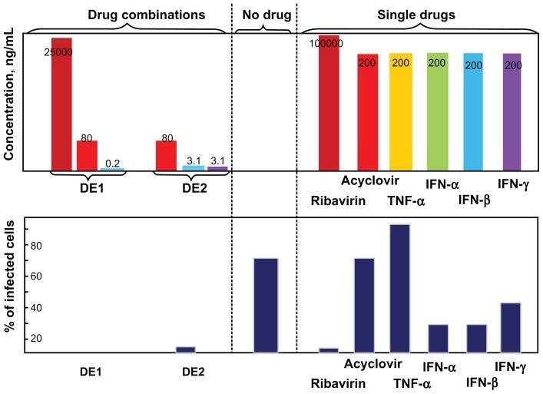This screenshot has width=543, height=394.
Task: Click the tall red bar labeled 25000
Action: coord(61,104)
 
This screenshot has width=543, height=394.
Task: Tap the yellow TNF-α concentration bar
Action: coord(400,111)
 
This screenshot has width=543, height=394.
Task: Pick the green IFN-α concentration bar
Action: coord(436,111)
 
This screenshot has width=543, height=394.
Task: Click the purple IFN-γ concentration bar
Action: coord(512,111)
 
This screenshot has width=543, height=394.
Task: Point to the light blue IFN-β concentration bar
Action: coord(473,111)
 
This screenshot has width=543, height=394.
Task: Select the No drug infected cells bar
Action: coord(266,305)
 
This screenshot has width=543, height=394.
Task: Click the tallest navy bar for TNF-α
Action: coord(400,288)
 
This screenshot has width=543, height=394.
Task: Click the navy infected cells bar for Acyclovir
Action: coord(364,305)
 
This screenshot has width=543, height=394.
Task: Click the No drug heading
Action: coord(263,15)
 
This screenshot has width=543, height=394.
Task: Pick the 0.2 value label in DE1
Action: coord(112,163)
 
